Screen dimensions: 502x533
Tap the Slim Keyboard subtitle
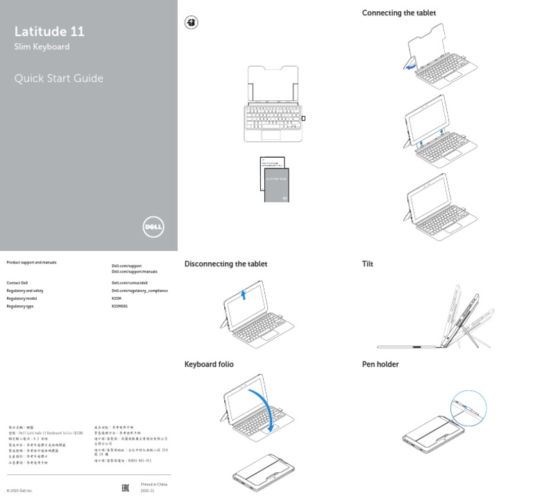[42, 47]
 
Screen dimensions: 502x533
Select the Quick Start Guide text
[58, 79]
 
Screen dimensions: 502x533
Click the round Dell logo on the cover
[153, 227]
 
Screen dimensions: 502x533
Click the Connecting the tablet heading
[398, 13]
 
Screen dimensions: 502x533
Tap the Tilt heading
[367, 264]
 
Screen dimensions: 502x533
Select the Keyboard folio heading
[208, 364]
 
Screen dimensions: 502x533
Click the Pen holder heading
[380, 364]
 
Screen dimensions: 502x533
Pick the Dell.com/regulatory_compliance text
[139, 291]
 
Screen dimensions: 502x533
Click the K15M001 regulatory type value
[121, 306]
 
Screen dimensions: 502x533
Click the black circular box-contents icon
[191, 23]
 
